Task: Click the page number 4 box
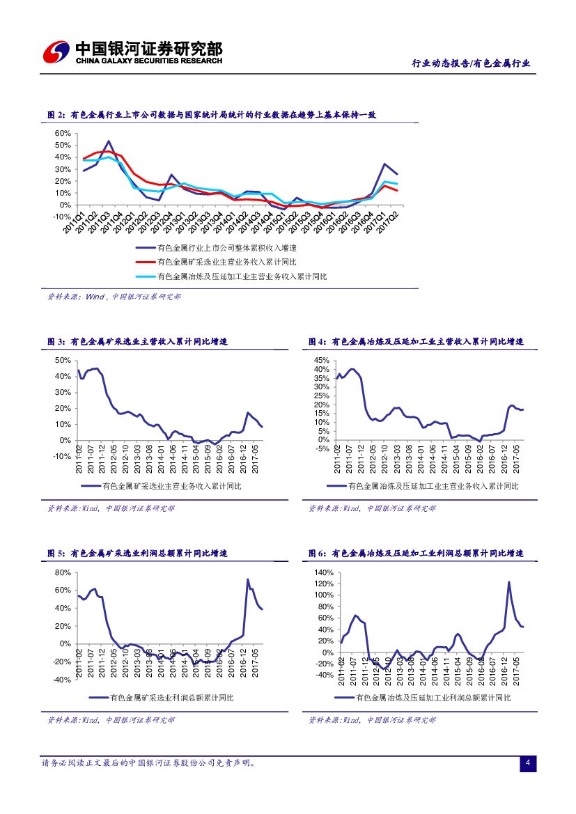[x=528, y=764]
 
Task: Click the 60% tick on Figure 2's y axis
[x=62, y=133]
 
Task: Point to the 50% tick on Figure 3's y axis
[x=63, y=360]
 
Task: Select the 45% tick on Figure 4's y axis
[x=320, y=360]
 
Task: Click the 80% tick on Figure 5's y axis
[x=63, y=572]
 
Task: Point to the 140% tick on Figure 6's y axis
[x=324, y=572]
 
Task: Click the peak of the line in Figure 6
[x=509, y=582]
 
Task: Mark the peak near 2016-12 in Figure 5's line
[x=248, y=579]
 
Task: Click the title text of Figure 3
[x=137, y=342]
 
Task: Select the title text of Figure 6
[x=416, y=554]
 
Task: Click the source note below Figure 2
[x=114, y=297]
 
